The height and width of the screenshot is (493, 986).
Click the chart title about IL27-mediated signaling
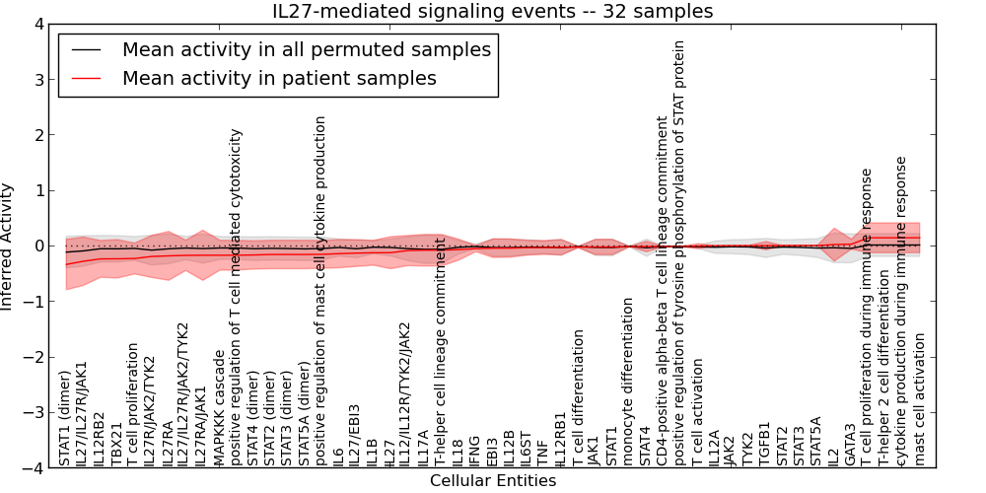click(493, 12)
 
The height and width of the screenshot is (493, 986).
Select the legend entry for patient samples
click(279, 78)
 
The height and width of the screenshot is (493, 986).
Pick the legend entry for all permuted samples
click(306, 49)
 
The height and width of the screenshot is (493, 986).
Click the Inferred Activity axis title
click(9, 246)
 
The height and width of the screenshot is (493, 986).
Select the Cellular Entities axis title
click(493, 481)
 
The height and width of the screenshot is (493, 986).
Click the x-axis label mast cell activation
click(920, 398)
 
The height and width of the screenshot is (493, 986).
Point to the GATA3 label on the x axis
click(851, 444)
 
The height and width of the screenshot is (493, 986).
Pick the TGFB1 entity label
click(765, 444)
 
